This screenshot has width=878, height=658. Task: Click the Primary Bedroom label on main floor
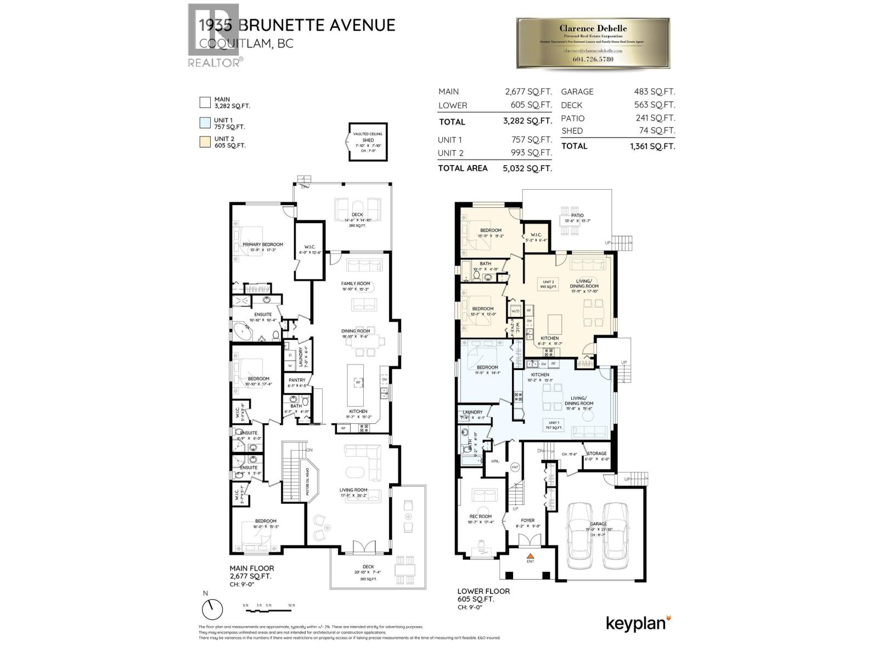tap(262, 245)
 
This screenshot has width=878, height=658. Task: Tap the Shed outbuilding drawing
tap(368, 142)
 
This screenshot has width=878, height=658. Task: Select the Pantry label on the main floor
tap(297, 380)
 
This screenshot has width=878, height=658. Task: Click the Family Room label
tap(356, 283)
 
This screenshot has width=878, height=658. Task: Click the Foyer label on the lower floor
tap(527, 520)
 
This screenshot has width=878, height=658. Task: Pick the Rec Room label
tap(480, 516)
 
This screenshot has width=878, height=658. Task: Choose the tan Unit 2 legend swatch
tap(205, 142)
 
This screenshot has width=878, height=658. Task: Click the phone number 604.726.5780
tap(593, 59)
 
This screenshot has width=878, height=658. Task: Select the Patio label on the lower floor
tap(577, 215)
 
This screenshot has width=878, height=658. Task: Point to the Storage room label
tap(596, 453)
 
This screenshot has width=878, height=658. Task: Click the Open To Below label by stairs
tap(308, 479)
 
